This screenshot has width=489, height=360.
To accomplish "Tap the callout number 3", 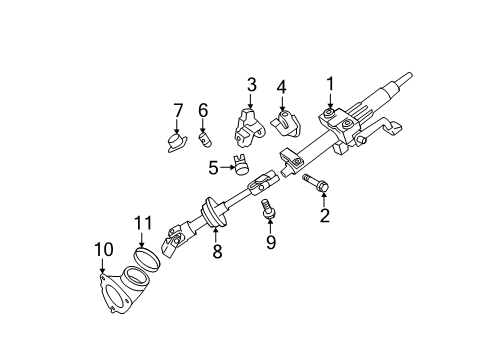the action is tap(252, 85).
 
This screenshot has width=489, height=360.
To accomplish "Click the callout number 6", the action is tap(202, 109).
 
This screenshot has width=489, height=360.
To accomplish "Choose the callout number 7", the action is tap(178, 109).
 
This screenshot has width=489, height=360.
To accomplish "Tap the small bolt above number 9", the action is tap(267, 209).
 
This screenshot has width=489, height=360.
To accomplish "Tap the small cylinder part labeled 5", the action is tap(240, 163).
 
